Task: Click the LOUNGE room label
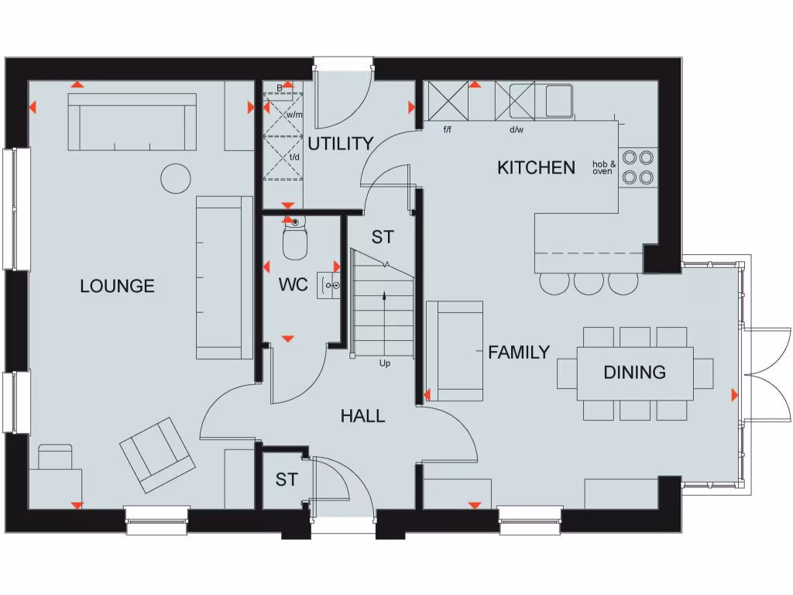(x=117, y=287)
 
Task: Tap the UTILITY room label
(x=341, y=144)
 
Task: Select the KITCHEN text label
(x=536, y=167)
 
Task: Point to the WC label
(x=294, y=285)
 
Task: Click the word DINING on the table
(x=634, y=373)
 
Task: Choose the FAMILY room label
(x=518, y=353)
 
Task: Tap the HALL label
(x=362, y=416)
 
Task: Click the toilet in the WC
(x=294, y=241)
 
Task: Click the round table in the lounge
(x=175, y=178)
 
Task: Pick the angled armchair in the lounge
(x=157, y=455)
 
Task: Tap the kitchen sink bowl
(x=558, y=101)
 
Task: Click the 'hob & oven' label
(x=603, y=168)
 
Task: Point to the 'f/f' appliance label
(x=448, y=129)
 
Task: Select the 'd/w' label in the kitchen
(x=516, y=129)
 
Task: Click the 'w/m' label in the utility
(x=294, y=115)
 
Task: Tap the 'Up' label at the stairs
(x=384, y=363)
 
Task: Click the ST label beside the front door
(x=286, y=480)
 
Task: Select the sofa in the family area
(x=455, y=351)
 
